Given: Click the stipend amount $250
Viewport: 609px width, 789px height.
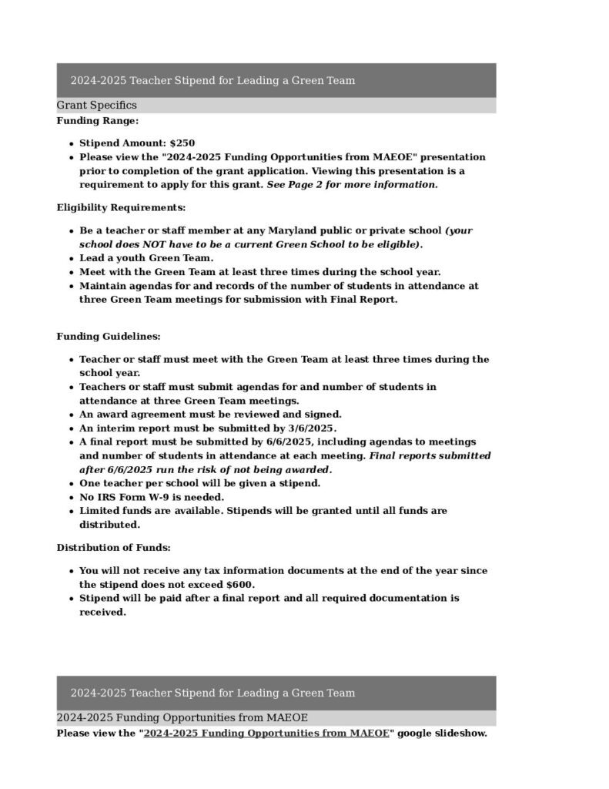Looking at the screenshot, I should tap(182, 143).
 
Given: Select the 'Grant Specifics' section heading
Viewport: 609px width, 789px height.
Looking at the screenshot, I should tap(96, 106).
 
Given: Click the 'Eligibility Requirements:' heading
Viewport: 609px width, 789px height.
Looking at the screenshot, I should tap(121, 208).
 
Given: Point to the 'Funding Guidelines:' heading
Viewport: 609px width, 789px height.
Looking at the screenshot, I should tap(109, 337).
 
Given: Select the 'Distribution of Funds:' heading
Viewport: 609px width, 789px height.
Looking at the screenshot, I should tap(113, 548).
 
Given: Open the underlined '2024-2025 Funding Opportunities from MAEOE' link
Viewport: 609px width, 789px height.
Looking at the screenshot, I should tap(266, 734).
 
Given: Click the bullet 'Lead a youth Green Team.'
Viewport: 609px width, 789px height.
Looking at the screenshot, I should tap(146, 258).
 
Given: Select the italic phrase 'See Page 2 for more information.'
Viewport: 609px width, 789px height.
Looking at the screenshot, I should tap(352, 185).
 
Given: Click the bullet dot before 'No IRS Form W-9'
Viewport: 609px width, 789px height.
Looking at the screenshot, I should tap(71, 498).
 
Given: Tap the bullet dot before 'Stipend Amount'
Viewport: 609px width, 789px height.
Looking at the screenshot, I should tap(71, 144).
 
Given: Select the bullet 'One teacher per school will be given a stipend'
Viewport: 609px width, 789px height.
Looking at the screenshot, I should tap(199, 483).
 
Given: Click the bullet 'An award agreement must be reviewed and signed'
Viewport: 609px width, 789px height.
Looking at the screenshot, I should tap(210, 415).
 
